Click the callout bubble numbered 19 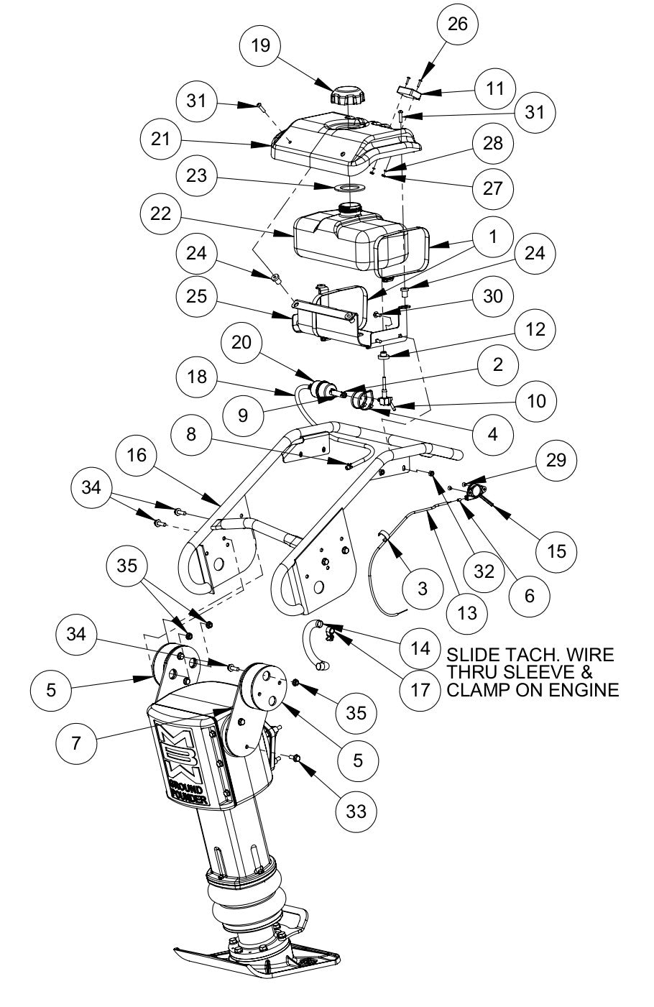[261, 45]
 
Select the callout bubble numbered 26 [458, 24]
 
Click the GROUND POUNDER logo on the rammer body [189, 769]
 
